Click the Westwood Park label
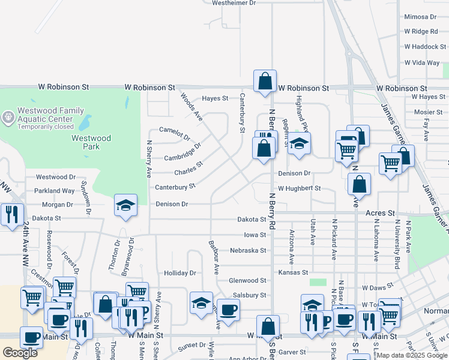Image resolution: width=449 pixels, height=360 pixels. click(91, 142)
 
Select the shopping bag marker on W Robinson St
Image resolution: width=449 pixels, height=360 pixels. click(265, 81)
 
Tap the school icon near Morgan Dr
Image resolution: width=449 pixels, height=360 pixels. click(125, 205)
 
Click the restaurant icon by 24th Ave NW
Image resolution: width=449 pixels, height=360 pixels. click(12, 214)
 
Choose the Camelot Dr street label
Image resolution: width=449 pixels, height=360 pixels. click(174, 130)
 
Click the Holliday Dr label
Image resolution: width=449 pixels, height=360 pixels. click(180, 273)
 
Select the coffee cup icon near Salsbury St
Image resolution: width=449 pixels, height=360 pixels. click(228, 310)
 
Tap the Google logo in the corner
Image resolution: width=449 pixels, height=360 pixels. click(20, 353)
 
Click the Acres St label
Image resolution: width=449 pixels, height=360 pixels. click(381, 213)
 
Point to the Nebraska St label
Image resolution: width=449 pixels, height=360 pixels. click(248, 250)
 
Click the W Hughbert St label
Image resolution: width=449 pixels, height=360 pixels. click(299, 188)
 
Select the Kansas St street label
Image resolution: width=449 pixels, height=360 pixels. click(293, 273)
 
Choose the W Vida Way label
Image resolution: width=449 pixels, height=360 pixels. click(422, 62)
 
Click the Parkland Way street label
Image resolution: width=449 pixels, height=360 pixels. click(55, 191)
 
